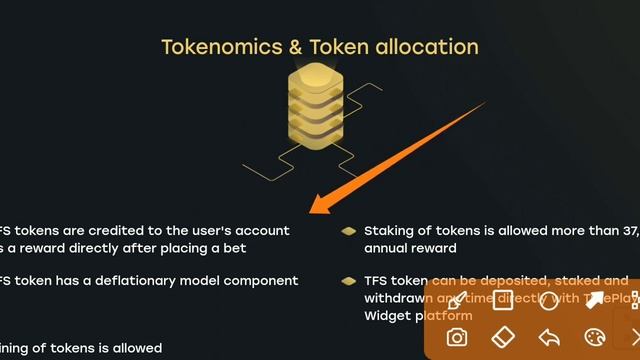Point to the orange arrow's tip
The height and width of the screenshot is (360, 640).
[x=313, y=211]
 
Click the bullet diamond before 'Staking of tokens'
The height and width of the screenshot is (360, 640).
[x=348, y=231]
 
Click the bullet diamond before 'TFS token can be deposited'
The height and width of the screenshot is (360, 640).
[x=348, y=281]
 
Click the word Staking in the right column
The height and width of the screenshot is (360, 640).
[x=393, y=231]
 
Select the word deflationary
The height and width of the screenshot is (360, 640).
[x=146, y=281]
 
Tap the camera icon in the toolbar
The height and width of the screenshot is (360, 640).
[x=457, y=337]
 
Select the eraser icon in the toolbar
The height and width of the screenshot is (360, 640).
[x=503, y=337]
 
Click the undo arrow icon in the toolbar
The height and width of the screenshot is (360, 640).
[x=549, y=337]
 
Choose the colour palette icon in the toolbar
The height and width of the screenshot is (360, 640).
[x=595, y=337]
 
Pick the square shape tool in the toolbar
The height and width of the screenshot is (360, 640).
[x=503, y=300]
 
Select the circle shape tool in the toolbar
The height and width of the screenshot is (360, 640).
[x=549, y=300]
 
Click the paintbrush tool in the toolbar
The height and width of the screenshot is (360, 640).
[x=457, y=300]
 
